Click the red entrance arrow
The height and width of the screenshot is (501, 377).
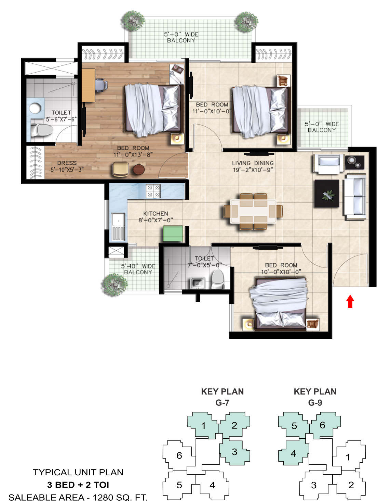click(x=350, y=301)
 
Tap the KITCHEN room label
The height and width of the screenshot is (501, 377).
click(x=156, y=213)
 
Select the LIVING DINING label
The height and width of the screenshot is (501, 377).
click(x=253, y=163)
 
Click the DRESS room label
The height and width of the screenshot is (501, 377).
click(x=67, y=163)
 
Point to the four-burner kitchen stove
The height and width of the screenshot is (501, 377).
click(x=153, y=191)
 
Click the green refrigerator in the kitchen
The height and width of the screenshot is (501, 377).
click(x=173, y=233)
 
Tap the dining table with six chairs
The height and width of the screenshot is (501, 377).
click(x=253, y=211)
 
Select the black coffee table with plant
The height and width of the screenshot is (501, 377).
click(x=327, y=193)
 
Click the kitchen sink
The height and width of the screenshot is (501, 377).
click(x=118, y=226)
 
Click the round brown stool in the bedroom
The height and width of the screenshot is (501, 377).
click(x=139, y=170)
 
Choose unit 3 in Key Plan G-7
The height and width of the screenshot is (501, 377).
click(x=234, y=452)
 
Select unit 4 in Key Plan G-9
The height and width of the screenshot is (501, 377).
click(x=293, y=453)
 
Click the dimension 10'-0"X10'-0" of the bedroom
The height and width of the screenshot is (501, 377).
click(x=281, y=272)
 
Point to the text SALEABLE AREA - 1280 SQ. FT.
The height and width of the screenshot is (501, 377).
click(x=78, y=497)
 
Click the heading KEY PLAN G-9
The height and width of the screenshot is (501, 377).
click(x=315, y=397)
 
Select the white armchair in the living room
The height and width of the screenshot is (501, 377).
click(x=328, y=164)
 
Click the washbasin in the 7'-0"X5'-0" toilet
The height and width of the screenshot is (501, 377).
click(x=198, y=283)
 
